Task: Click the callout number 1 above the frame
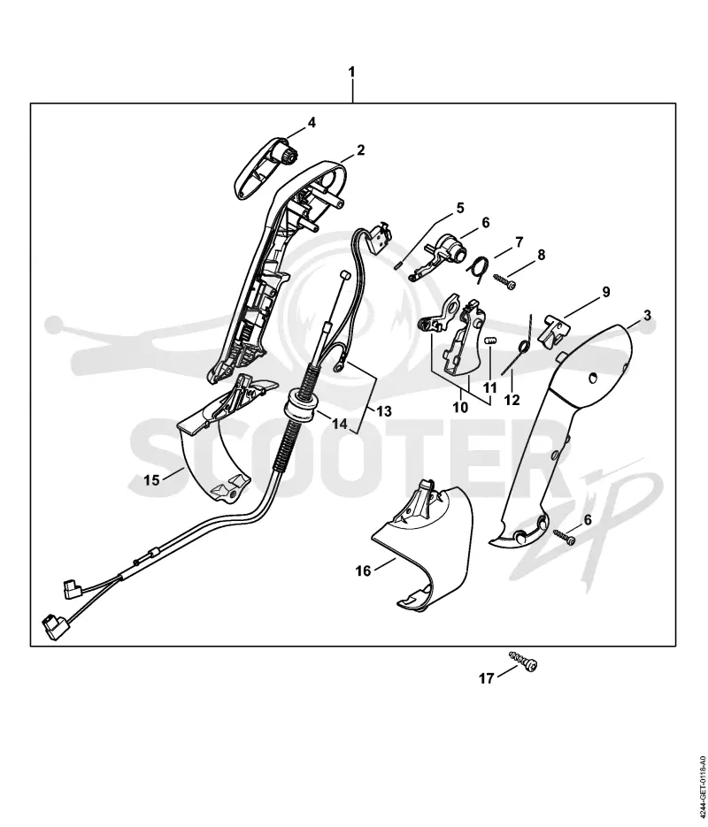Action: coord(352,72)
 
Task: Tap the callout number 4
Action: coord(312,122)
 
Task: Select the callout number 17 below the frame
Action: coord(486,678)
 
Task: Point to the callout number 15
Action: coord(151,480)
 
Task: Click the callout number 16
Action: coord(363,570)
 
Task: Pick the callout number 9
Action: coord(606,292)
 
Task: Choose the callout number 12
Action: coord(512,401)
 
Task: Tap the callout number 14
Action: coord(341,423)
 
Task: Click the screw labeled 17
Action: coord(523,661)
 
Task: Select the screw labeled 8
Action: coord(504,279)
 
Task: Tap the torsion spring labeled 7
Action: coord(479,268)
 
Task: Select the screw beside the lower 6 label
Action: coord(564,538)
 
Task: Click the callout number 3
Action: coord(647,316)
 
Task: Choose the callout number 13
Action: coord(384,411)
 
